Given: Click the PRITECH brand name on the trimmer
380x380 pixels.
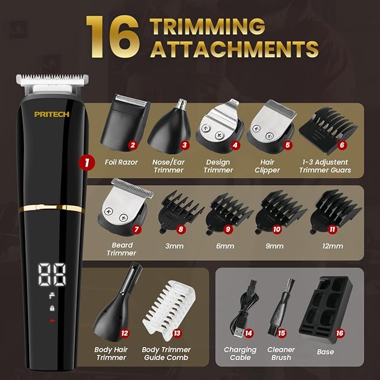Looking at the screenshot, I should pyautogui.click(x=51, y=114).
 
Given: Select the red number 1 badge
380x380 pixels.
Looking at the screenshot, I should pyautogui.click(x=86, y=163).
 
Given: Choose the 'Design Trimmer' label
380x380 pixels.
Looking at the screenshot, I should pyautogui.click(x=218, y=166).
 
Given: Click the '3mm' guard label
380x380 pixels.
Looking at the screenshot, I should pyautogui.click(x=174, y=246).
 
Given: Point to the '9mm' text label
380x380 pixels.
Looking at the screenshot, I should pyautogui.click(x=274, y=246).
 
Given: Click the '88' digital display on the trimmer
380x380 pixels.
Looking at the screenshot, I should pyautogui.click(x=52, y=274).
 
